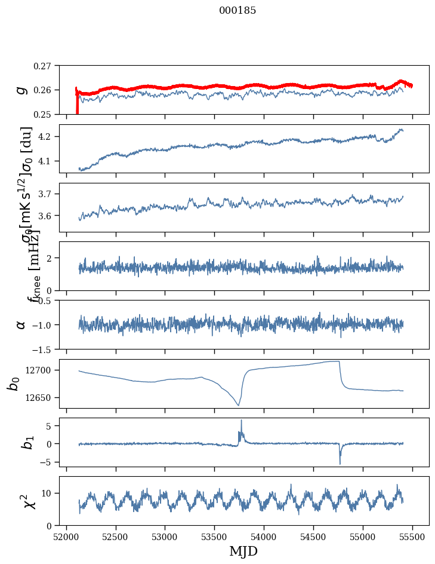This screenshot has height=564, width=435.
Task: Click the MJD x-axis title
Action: pos(243,551)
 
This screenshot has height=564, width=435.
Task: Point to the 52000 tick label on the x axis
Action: pos(66,537)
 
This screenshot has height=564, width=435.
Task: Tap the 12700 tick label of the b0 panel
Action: pos(41,370)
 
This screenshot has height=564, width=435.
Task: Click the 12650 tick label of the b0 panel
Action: pos(41,398)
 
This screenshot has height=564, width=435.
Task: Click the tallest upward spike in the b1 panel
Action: pos(241,420)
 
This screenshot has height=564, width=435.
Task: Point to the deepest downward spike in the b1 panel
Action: pos(340,464)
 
